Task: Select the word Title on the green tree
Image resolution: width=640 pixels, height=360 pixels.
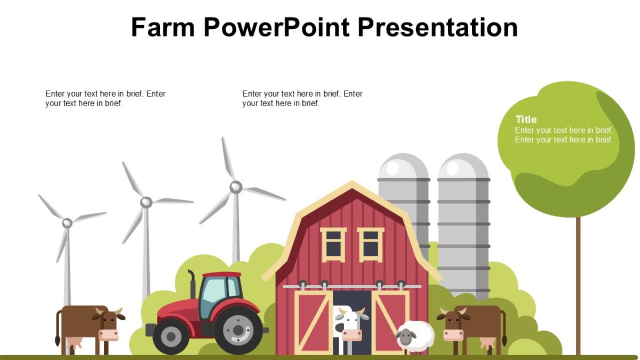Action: coord(526,119)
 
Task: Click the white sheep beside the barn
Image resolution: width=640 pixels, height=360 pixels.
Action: coord(415,336)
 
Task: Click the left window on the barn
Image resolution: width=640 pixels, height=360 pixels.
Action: coord(333,244)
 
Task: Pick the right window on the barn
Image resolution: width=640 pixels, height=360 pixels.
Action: coord(371,244)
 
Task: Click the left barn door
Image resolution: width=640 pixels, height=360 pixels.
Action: coord(313,323)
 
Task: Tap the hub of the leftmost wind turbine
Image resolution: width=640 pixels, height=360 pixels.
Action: coord(67,223)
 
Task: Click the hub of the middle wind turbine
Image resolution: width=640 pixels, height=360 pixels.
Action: coord(146,202)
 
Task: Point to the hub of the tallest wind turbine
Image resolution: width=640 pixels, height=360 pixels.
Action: coord(236,187)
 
